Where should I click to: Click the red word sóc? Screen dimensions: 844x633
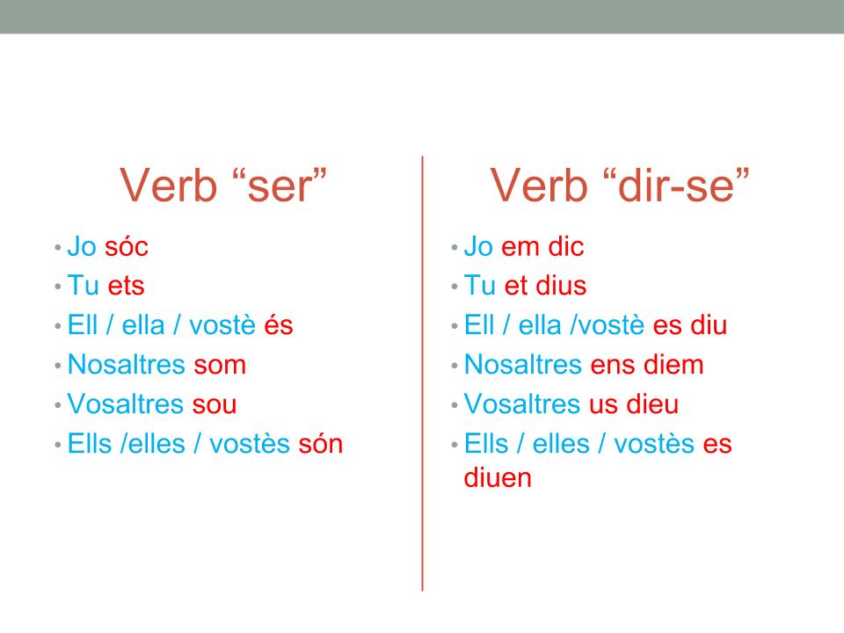127,247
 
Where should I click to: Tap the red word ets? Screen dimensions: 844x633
126,286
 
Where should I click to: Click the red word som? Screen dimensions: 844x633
220,365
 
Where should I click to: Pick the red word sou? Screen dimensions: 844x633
215,404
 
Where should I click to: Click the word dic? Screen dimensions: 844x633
565,247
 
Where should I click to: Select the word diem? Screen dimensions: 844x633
674,364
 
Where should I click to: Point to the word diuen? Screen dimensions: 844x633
498,478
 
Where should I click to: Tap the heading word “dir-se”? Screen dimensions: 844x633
676,186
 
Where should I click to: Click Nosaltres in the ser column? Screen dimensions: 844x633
127,364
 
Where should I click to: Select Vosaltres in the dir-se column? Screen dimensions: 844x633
522,404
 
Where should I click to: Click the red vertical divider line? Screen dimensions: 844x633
423,374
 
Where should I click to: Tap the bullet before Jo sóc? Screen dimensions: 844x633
58,248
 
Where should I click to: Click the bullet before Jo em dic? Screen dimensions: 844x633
455,248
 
